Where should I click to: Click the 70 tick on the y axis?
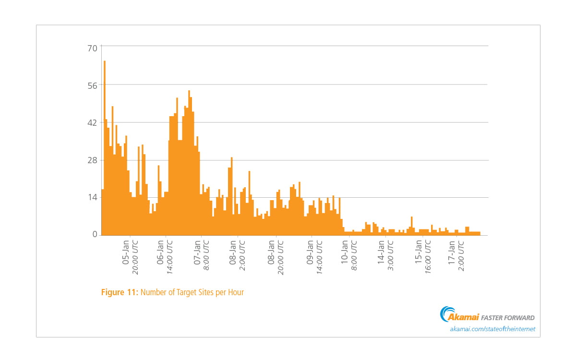92,48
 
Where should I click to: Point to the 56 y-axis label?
92,85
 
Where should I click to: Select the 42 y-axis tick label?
92,123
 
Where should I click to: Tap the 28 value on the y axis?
92,160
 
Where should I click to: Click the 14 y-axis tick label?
92,198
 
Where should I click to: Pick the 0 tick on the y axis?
95,235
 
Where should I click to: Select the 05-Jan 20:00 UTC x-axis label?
130,256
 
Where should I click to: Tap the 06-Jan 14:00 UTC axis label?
165,256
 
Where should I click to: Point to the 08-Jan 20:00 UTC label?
276,256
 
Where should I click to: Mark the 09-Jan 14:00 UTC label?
313,256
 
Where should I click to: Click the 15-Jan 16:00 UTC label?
423,256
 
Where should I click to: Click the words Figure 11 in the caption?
120,292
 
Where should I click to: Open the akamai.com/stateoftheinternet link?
492,329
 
